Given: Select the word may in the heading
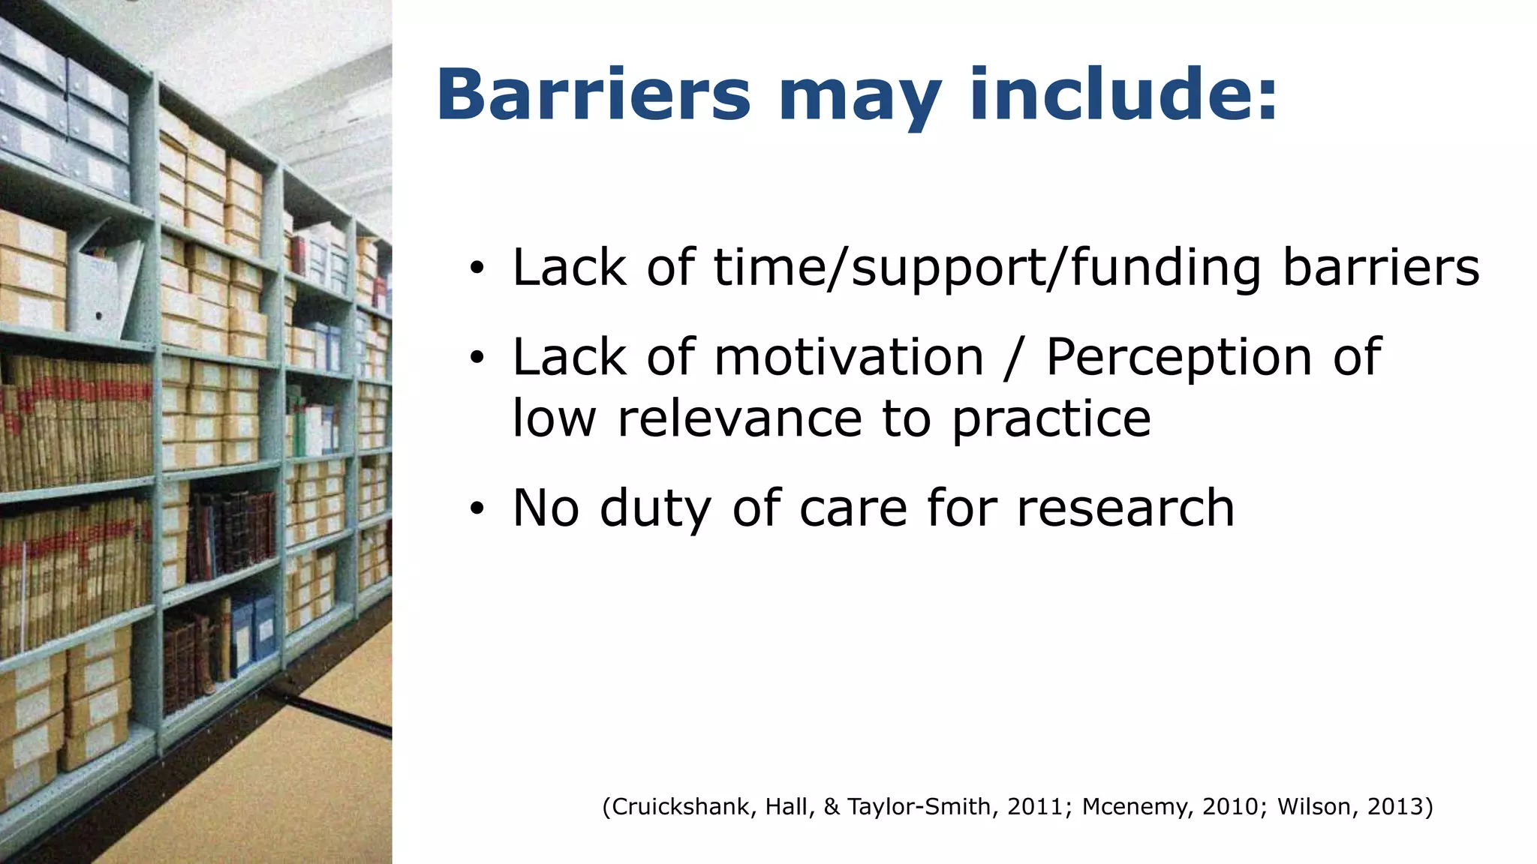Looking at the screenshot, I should click(x=859, y=101).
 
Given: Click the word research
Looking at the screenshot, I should click(x=1125, y=508).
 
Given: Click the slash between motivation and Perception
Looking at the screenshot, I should click(x=1014, y=358).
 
